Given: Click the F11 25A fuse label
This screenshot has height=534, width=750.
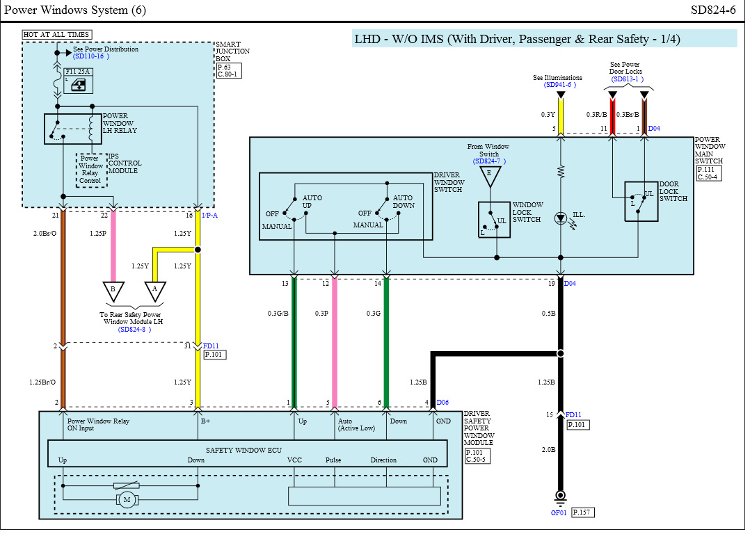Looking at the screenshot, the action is pyautogui.click(x=77, y=71).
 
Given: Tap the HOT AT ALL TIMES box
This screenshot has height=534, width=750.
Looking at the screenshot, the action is pyautogui.click(x=57, y=35).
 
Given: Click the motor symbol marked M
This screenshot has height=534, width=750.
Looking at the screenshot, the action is pyautogui.click(x=127, y=500).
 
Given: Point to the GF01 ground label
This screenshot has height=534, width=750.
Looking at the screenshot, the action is pyautogui.click(x=559, y=513).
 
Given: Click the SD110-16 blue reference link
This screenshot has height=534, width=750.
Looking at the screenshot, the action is pyautogui.click(x=91, y=56).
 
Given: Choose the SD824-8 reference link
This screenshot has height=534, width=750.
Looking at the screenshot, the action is pyautogui.click(x=134, y=330).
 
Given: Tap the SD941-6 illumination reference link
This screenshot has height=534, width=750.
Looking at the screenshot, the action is pyautogui.click(x=559, y=85).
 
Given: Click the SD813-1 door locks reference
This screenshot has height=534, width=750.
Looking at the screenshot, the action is pyautogui.click(x=627, y=79).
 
